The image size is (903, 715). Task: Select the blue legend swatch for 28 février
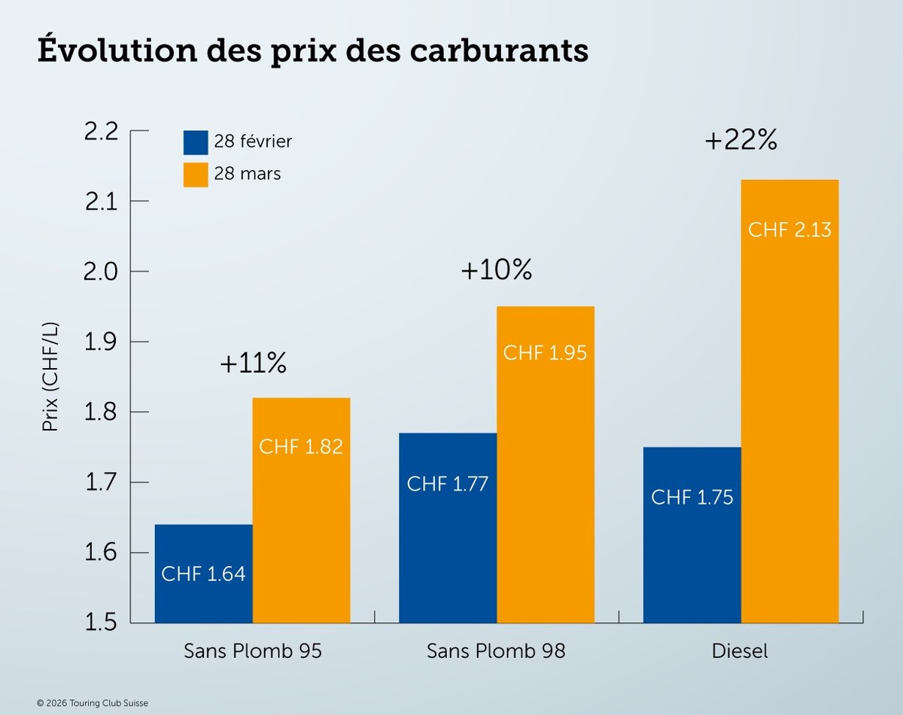pyautogui.click(x=196, y=142)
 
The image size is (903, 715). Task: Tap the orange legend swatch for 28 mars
pyautogui.click(x=196, y=175)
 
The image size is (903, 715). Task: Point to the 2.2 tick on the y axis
pyautogui.click(x=102, y=131)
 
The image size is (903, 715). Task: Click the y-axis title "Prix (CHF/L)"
pyautogui.click(x=50, y=378)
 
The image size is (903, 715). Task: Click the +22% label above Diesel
pyautogui.click(x=740, y=141)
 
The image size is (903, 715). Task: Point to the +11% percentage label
pyautogui.click(x=253, y=364)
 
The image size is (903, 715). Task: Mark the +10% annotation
pyautogui.click(x=496, y=270)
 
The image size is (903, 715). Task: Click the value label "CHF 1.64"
pyautogui.click(x=203, y=574)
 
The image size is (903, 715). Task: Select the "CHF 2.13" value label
pyautogui.click(x=789, y=230)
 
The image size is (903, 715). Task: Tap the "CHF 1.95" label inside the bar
pyautogui.click(x=545, y=352)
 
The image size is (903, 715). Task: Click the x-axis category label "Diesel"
pyautogui.click(x=740, y=651)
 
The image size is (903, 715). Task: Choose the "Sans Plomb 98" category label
pyautogui.click(x=496, y=651)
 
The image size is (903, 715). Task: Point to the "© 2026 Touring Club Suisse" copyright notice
pyautogui.click(x=93, y=703)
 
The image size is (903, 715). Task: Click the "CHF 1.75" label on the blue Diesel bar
pyautogui.click(x=692, y=497)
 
